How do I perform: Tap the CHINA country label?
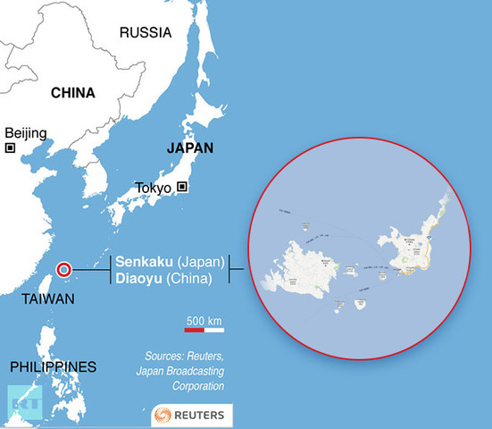coord(73,93)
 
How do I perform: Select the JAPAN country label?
coord(189,148)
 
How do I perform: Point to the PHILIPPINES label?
coord(53,366)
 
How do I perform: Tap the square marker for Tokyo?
coord(182,187)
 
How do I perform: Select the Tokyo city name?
coord(154,188)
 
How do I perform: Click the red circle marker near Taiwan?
coord(63,270)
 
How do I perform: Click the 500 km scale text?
coord(204,320)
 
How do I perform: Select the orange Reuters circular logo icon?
coord(163,416)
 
